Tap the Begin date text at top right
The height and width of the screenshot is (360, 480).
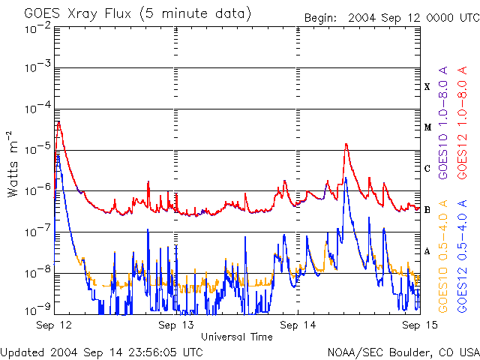click(x=391, y=17)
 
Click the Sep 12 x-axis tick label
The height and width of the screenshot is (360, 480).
click(x=54, y=325)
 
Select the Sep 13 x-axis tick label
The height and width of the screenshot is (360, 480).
click(x=176, y=325)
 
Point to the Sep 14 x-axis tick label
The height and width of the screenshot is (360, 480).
click(x=298, y=325)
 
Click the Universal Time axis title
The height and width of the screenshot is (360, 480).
click(x=236, y=337)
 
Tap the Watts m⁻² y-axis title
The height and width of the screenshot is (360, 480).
click(x=13, y=163)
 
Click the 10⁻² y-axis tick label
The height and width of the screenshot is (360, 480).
click(x=37, y=28)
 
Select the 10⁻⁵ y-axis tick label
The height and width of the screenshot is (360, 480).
click(x=37, y=150)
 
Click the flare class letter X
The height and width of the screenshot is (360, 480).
click(x=427, y=87)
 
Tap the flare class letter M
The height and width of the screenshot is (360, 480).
click(x=427, y=127)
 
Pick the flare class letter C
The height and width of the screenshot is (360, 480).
click(x=427, y=169)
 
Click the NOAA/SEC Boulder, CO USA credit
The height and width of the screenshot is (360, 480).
click(x=403, y=352)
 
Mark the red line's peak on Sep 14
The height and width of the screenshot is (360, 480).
click(x=346, y=144)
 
